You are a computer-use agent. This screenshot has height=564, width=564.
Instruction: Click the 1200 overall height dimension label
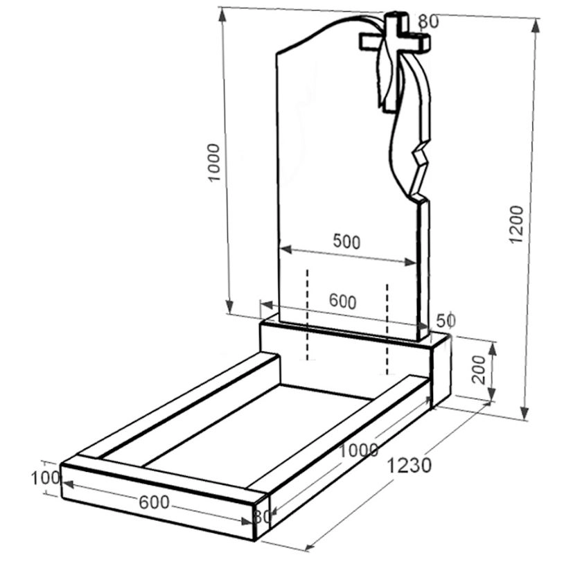516,224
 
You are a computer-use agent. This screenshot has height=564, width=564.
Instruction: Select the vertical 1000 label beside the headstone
214,163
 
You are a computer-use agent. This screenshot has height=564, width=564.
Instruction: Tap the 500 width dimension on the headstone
346,241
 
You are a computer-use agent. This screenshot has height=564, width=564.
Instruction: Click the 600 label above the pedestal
343,301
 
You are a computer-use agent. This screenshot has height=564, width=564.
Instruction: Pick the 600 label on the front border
154,502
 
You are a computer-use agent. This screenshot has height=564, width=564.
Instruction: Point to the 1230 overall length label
409,466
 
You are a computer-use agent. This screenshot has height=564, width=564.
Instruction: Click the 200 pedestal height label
479,369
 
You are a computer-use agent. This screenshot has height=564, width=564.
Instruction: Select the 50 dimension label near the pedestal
446,321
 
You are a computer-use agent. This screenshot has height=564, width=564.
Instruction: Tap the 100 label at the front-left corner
45,478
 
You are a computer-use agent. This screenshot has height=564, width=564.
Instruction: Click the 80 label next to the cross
428,21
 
